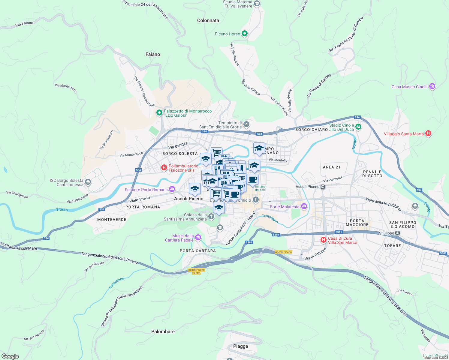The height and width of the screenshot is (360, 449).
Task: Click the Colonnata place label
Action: click(208, 20)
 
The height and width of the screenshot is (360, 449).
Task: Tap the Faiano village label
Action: click(153, 54)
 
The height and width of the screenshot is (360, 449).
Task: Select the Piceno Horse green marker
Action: click(245, 34)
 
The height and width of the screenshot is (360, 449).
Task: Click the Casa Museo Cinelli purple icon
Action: click(432, 87)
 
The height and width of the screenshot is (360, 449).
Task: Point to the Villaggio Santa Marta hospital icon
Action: click(428, 133)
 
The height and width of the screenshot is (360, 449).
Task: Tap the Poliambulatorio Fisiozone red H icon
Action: click(164, 168)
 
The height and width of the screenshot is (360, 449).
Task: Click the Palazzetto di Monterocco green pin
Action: click(159, 113)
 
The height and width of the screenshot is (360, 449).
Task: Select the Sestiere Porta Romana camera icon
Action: click(172, 189)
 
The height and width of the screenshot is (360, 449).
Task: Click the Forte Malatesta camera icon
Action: click(304, 206)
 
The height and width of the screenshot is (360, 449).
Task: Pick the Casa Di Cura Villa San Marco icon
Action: click(324, 240)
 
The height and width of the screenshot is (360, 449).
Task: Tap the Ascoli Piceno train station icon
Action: click(323, 187)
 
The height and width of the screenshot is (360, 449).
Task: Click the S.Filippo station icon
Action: click(397, 233)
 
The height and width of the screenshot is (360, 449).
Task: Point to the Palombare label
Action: click(163, 331)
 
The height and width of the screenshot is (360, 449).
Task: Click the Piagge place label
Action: click(241, 346)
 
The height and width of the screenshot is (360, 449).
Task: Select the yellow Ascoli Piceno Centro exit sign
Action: click(197, 271)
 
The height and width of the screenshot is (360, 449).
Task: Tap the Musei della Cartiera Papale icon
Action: click(198, 238)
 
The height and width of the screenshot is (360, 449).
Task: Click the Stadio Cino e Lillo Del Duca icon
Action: click(358, 127)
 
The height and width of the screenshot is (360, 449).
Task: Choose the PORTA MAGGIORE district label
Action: click(357, 223)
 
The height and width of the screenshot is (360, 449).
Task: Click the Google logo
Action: click(10, 356)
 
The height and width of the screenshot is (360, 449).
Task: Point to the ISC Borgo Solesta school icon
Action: click(88, 182)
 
